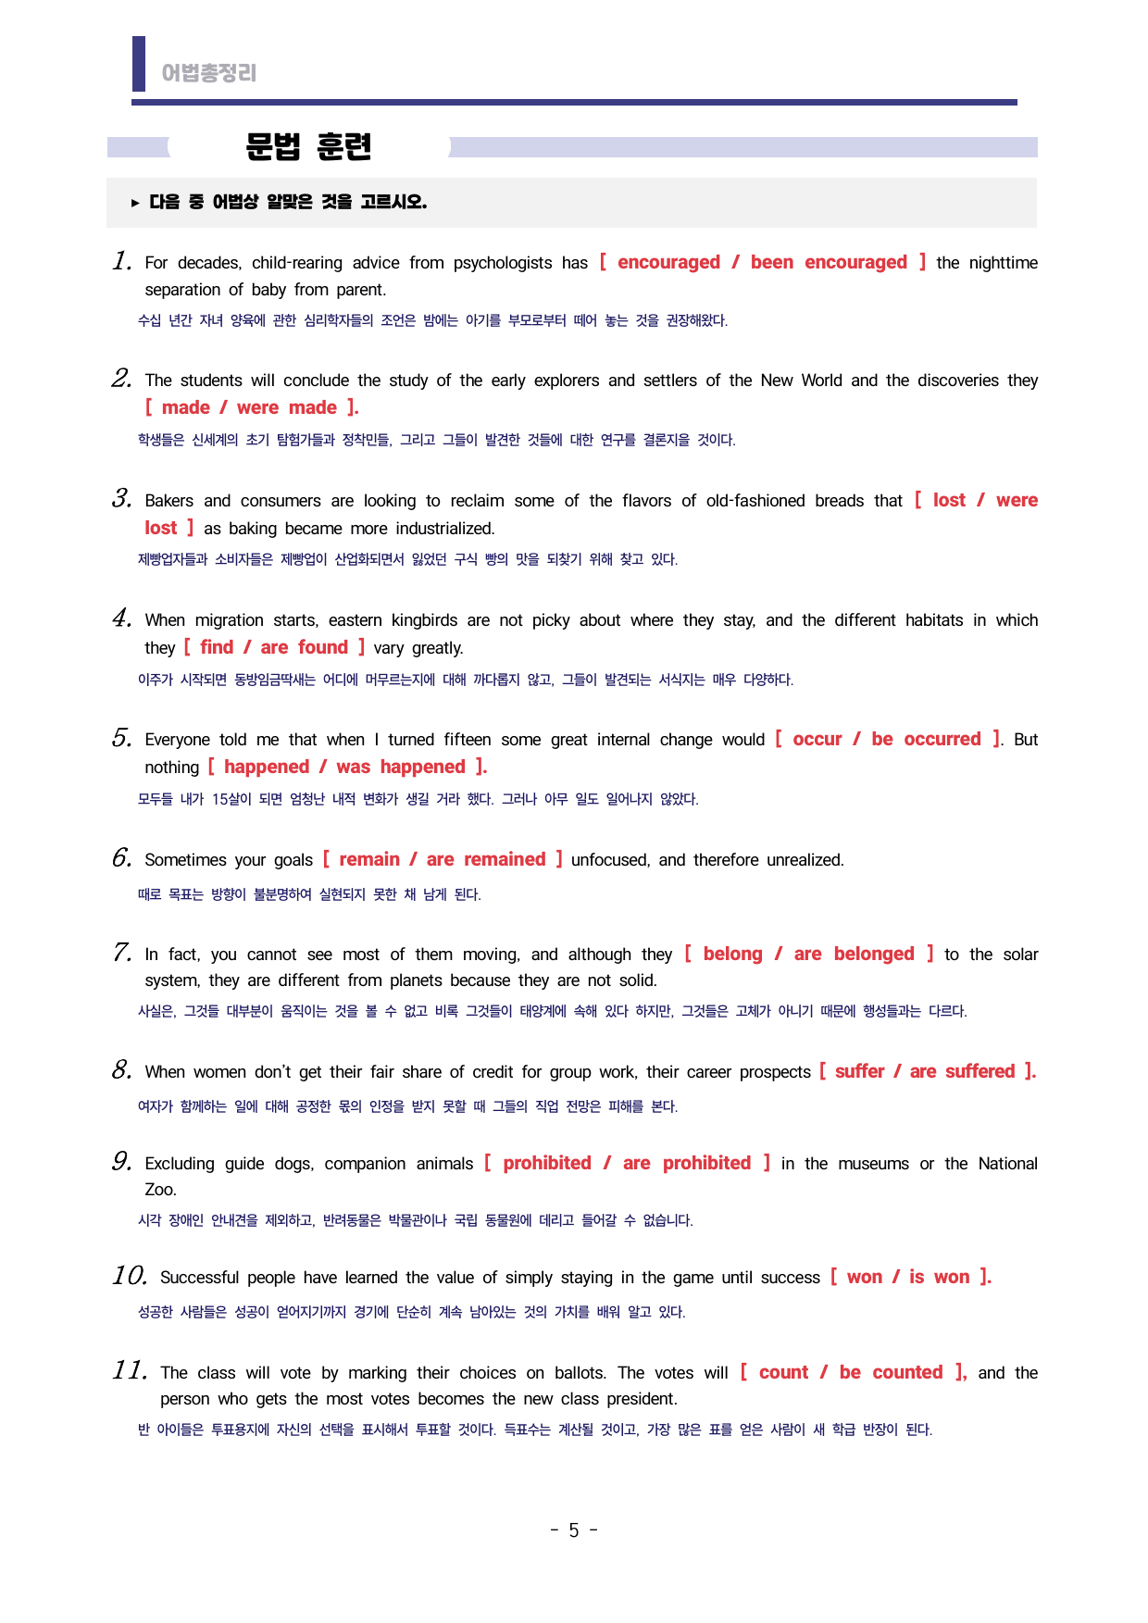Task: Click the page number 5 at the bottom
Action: tap(574, 1530)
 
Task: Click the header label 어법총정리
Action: tap(208, 73)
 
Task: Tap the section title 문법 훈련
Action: tap(308, 146)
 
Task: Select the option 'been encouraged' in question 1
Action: tap(829, 262)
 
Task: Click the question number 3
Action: tap(121, 499)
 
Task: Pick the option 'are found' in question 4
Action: tap(304, 647)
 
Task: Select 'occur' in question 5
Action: tap(817, 739)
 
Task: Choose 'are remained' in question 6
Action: tap(486, 859)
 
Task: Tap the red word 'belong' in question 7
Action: tap(732, 954)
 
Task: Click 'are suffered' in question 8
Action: tap(963, 1071)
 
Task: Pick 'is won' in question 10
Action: tap(940, 1277)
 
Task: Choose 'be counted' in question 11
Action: tap(892, 1372)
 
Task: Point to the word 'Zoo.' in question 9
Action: tap(160, 1190)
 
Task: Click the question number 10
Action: tap(130, 1276)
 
